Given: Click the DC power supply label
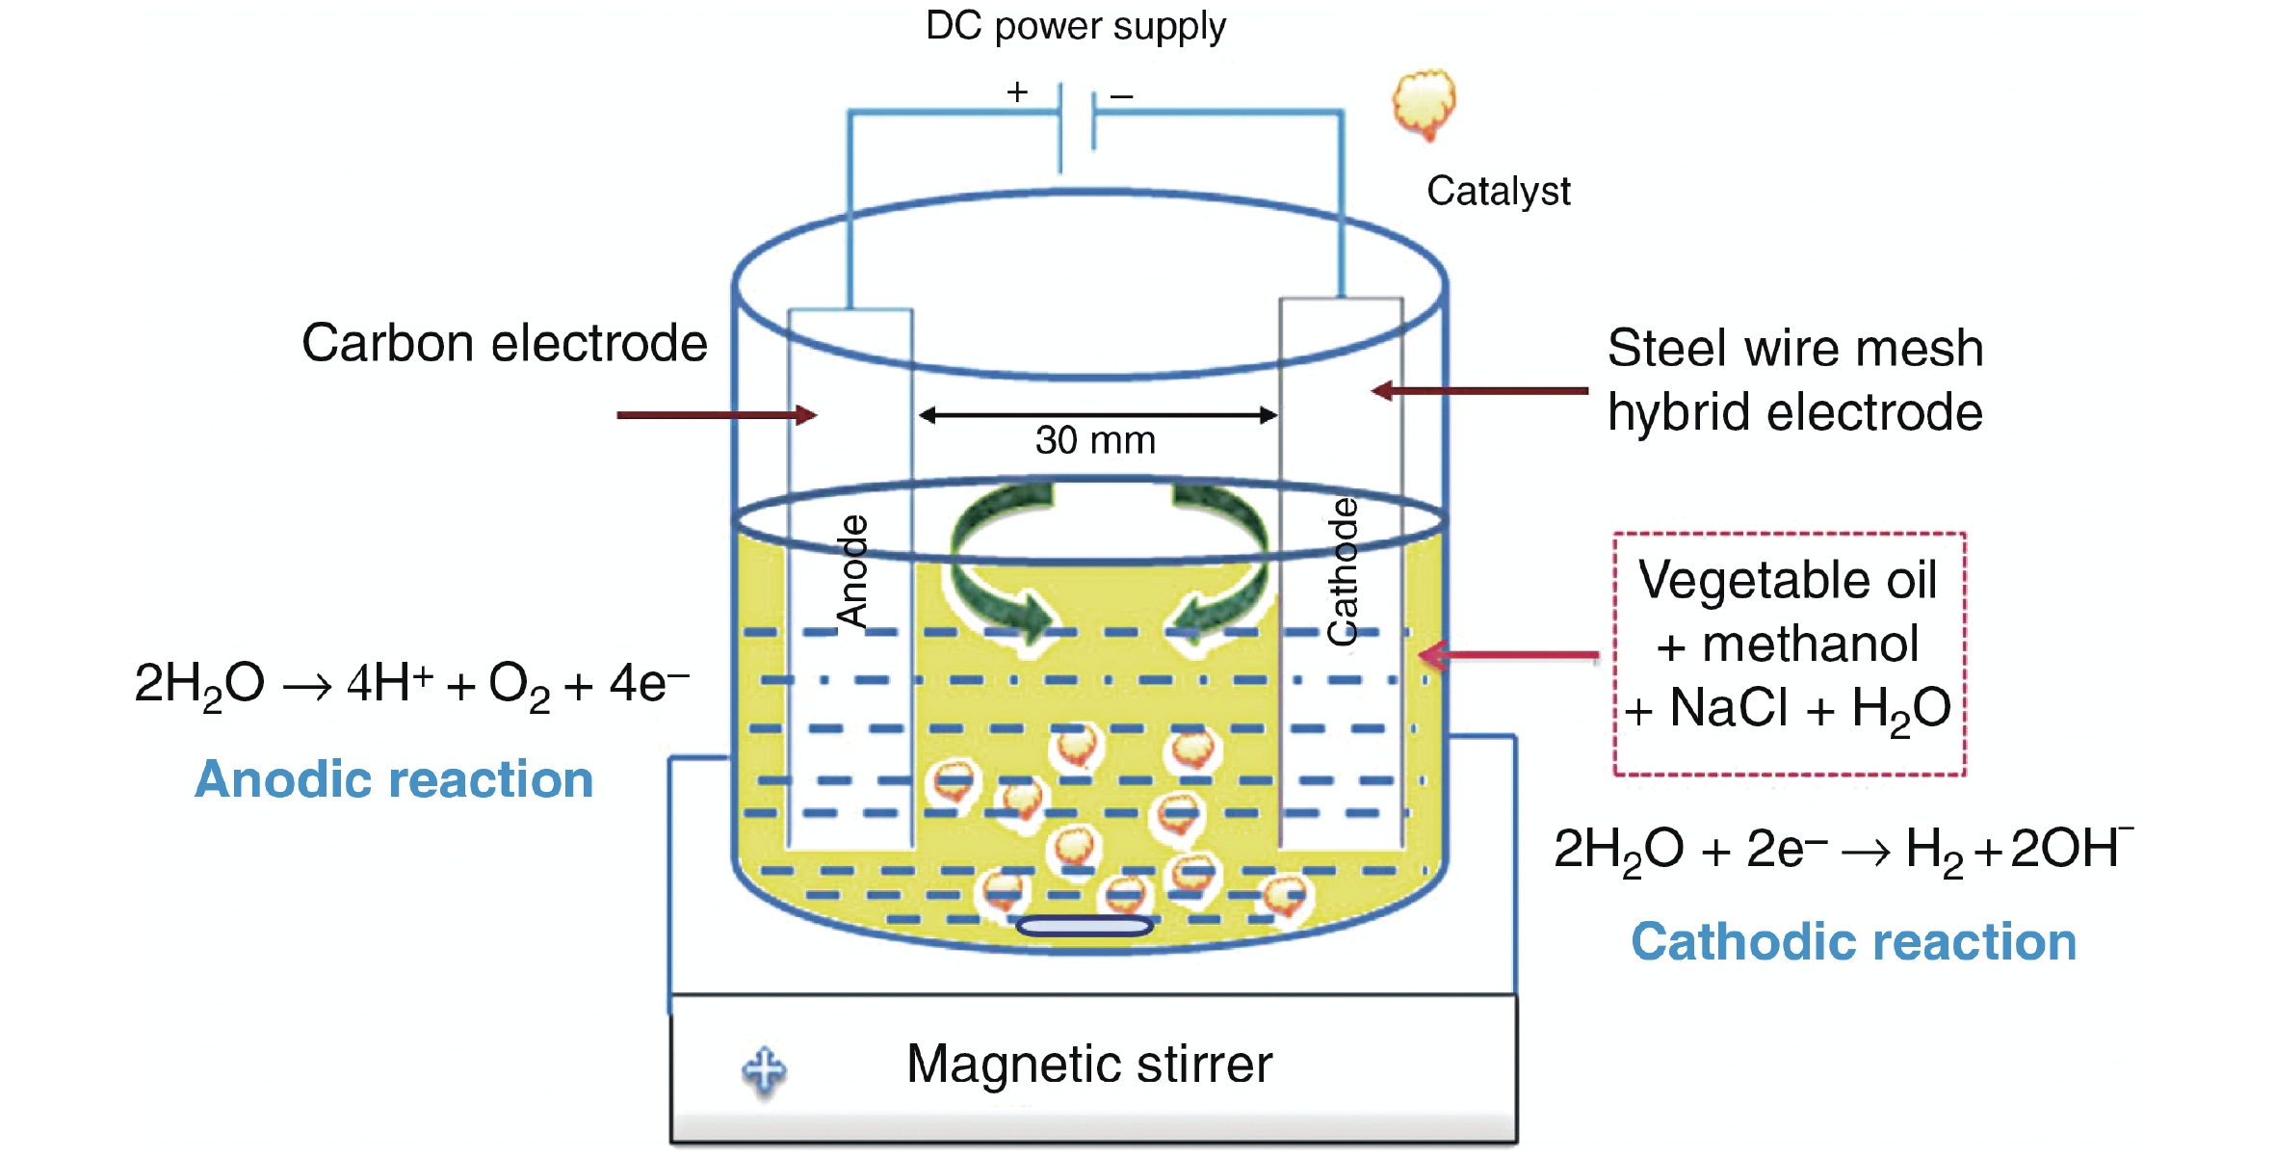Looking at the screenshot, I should pos(1075,27).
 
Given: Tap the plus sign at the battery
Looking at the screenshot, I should pos(1017,92).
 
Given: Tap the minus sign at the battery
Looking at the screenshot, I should pos(1121,96).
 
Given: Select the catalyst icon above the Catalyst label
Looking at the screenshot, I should pos(1424,103).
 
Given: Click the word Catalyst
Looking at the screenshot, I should pos(1498,191).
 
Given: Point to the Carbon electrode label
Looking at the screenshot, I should pos(504,343).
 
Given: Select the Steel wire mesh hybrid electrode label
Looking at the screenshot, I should pos(1794,380).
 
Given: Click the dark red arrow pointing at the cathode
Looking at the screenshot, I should pos(1479,391).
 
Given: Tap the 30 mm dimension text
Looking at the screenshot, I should pos(1095,440).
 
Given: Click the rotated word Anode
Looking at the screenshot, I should pos(852,571).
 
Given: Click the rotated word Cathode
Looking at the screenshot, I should pos(1343,571).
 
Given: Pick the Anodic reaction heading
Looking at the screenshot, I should pos(394,779).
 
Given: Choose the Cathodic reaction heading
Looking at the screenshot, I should pos(1853,941).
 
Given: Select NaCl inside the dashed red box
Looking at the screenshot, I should pos(1729,708).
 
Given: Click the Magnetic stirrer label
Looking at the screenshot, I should pos(1089,1065).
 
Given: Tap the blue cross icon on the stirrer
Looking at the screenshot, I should pos(765,1069).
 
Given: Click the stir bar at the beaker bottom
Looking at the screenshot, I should pos(1085,927).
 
